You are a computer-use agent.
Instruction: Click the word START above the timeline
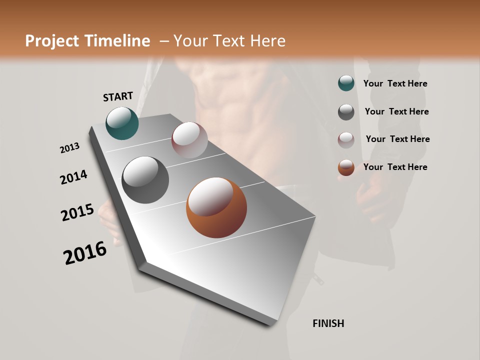click(x=118, y=96)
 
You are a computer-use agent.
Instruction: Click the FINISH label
click(x=328, y=323)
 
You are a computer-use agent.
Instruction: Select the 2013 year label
click(x=69, y=148)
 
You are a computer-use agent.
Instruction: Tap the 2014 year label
click(x=73, y=177)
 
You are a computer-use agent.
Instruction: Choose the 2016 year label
click(x=85, y=253)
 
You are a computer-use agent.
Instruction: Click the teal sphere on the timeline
click(x=122, y=123)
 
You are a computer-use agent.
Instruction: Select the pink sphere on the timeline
click(x=189, y=140)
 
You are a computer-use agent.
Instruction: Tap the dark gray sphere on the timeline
click(x=145, y=180)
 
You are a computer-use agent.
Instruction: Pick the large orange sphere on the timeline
click(x=216, y=207)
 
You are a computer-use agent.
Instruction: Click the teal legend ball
click(x=346, y=83)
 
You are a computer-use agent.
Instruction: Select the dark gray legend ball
click(x=346, y=111)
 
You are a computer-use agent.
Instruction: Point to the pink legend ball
click(x=346, y=139)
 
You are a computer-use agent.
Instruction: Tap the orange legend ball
click(x=346, y=167)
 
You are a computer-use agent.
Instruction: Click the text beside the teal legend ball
click(x=395, y=83)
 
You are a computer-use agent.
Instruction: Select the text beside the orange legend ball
click(x=395, y=167)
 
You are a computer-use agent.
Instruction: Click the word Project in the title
click(x=51, y=41)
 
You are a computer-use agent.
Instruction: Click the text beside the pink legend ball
click(x=397, y=139)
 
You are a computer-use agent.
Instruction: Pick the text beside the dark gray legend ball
click(x=396, y=111)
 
